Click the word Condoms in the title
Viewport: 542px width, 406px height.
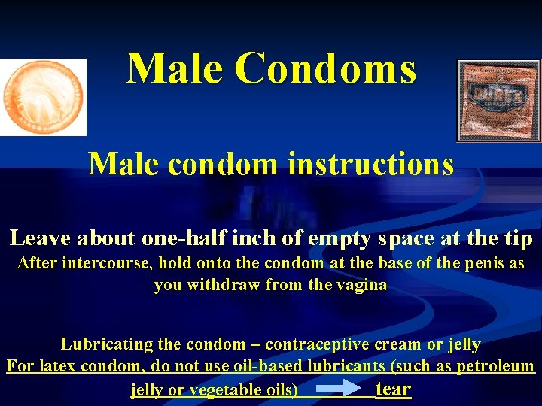325,68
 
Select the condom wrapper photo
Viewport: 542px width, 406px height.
498,100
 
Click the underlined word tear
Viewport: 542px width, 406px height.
393,389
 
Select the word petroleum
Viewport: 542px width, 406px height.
497,367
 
